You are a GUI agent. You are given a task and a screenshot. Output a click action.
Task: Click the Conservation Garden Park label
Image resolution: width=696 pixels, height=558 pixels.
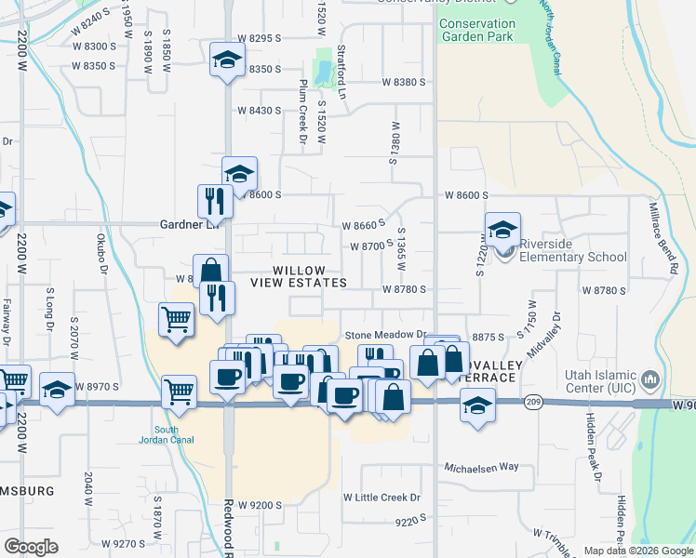[476, 31]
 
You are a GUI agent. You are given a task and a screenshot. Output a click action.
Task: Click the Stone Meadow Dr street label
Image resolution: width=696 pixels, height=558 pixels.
[384, 335]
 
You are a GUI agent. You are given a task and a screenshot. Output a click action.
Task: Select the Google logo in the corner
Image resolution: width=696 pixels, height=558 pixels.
[31, 547]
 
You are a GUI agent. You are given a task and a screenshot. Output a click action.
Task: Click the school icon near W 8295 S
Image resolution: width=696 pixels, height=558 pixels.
[226, 60]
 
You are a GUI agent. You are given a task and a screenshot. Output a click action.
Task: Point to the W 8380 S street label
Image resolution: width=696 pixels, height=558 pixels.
[403, 83]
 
